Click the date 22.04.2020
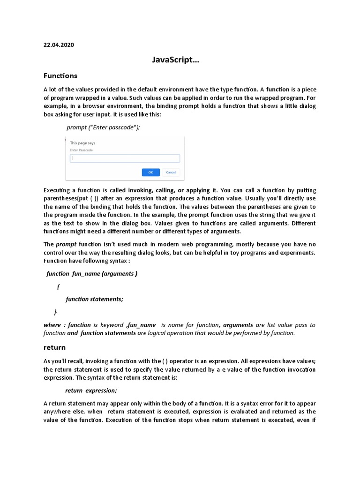click(x=59, y=45)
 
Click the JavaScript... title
click(x=179, y=60)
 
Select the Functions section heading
click(x=60, y=75)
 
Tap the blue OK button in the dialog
click(x=150, y=172)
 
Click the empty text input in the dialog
click(x=125, y=158)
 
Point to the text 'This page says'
click(x=82, y=142)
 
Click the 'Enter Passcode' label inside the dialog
click(x=81, y=150)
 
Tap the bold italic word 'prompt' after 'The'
click(x=66, y=244)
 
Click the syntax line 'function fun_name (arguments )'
click(x=92, y=273)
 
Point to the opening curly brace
click(x=58, y=286)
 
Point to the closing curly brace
click(x=55, y=311)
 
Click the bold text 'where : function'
click(x=67, y=325)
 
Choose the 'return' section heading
click(x=54, y=347)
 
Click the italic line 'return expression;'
click(x=91, y=390)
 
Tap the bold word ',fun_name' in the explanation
click(x=141, y=325)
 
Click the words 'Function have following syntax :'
click(x=87, y=261)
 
